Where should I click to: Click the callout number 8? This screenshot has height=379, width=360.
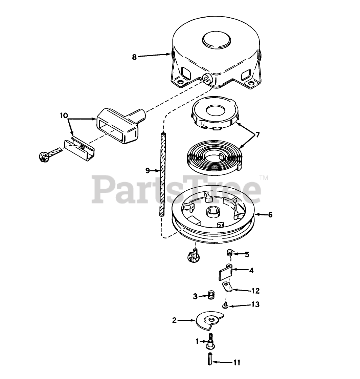(x=134, y=57)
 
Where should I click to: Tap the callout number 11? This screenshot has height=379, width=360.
(x=237, y=362)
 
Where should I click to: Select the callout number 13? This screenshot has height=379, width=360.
(x=255, y=304)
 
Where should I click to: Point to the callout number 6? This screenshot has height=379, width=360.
(x=270, y=215)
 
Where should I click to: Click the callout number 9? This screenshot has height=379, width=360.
(x=148, y=171)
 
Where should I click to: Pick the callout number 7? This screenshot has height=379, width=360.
(x=257, y=134)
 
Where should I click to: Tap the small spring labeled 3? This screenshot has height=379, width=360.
(x=211, y=295)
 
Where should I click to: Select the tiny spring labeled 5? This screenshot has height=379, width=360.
(x=229, y=253)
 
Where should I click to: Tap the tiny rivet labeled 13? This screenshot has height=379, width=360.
(x=225, y=306)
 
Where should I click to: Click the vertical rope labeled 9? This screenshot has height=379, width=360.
(x=162, y=174)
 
